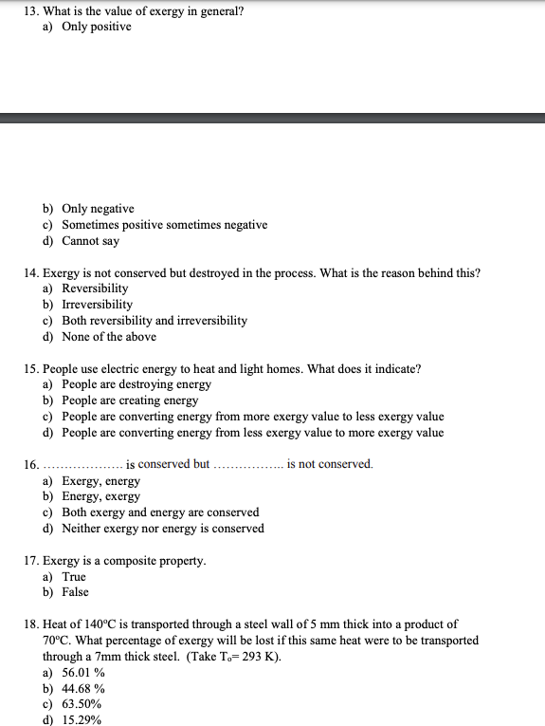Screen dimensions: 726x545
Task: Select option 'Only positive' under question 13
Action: click(x=96, y=27)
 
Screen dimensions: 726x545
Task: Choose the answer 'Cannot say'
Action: click(x=90, y=241)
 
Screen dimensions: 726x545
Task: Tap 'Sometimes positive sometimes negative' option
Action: click(x=164, y=225)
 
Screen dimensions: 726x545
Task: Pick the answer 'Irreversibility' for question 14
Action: click(x=97, y=305)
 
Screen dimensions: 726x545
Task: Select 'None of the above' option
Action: click(x=109, y=337)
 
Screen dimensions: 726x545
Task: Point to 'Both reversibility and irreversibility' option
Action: click(x=154, y=321)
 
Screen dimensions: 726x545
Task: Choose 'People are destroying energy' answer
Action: click(x=136, y=384)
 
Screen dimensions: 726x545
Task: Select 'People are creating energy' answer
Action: click(x=130, y=400)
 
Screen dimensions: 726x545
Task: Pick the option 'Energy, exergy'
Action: click(x=100, y=496)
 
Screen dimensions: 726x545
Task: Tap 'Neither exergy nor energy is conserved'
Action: click(x=162, y=529)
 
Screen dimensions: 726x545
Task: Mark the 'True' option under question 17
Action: click(x=74, y=577)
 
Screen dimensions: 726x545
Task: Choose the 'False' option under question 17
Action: click(x=75, y=592)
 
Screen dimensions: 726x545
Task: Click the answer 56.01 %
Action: click(x=83, y=673)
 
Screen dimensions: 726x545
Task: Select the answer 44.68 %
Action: click(x=83, y=689)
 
